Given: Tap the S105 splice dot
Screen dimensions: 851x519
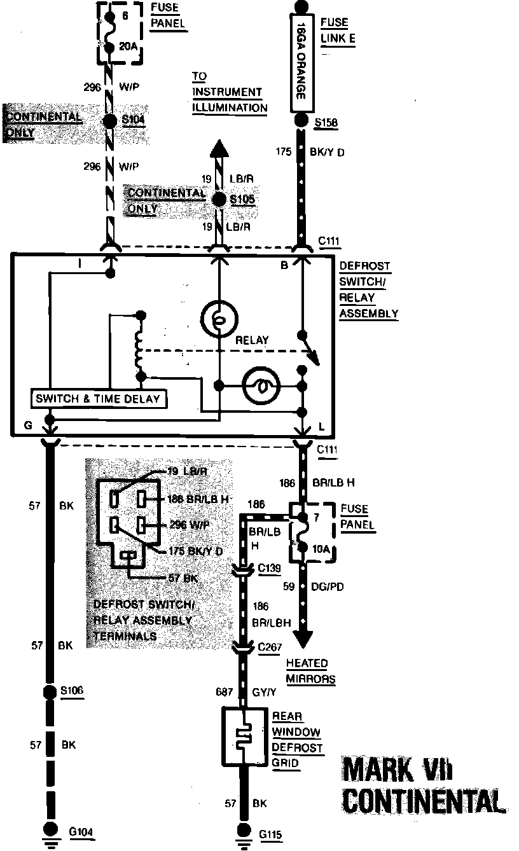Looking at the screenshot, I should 219,199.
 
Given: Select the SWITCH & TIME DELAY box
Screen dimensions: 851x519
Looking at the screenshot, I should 100,399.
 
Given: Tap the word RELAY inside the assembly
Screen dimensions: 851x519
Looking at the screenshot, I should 252,340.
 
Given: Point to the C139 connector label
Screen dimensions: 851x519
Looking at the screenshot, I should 270,567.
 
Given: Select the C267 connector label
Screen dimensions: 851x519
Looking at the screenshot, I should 271,646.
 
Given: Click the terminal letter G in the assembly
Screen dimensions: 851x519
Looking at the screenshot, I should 28,424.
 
